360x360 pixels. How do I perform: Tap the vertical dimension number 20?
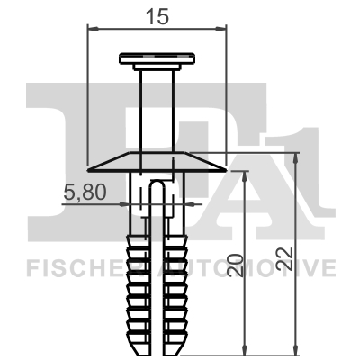(x=234, y=265)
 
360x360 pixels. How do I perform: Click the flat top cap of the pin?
(x=157, y=60)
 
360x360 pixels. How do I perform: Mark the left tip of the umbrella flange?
(x=89, y=167)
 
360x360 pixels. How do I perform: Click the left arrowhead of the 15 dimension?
(x=90, y=28)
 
